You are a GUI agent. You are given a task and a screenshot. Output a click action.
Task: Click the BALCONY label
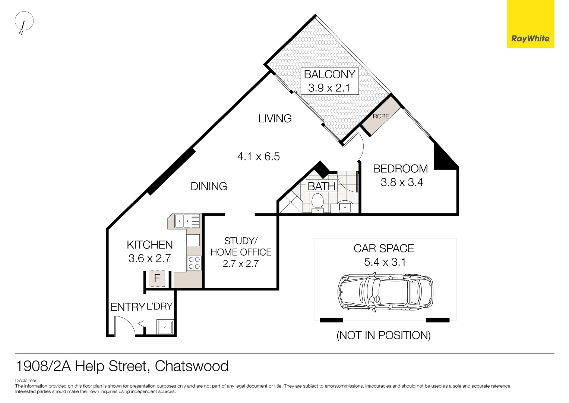pyautogui.click(x=329, y=74)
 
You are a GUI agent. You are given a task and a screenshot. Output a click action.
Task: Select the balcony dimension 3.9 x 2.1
pyautogui.click(x=329, y=88)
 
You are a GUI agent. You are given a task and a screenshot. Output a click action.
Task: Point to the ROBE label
pyautogui.click(x=381, y=116)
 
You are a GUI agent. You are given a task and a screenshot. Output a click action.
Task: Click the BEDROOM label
pyautogui.click(x=400, y=169)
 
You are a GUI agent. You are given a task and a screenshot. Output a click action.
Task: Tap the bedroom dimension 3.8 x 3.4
pyautogui.click(x=402, y=182)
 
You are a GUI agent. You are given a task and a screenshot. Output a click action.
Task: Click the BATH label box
pyautogui.click(x=321, y=186)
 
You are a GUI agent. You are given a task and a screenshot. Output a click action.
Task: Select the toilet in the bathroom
pyautogui.click(x=317, y=202)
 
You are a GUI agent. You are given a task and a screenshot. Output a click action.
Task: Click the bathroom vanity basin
pyautogui.click(x=345, y=207)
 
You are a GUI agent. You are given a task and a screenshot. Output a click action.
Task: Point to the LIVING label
pyautogui.click(x=275, y=119)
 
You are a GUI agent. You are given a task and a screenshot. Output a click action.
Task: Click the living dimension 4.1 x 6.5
pyautogui.click(x=258, y=156)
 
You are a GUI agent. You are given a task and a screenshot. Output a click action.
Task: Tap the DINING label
pyautogui.click(x=209, y=186)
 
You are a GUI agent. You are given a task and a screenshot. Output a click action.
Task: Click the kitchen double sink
pyautogui.click(x=183, y=221)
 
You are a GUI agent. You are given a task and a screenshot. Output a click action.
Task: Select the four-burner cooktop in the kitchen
pyautogui.click(x=194, y=263)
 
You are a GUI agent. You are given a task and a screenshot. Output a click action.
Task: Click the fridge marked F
pyautogui.click(x=157, y=278)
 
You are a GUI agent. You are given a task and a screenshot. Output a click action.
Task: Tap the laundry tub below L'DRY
pyautogui.click(x=165, y=327)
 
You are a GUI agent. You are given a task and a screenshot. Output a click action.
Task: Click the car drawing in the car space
pyautogui.click(x=385, y=292)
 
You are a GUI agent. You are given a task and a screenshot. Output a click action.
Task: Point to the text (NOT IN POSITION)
pyautogui.click(x=383, y=335)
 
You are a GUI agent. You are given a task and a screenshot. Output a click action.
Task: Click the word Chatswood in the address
pyautogui.click(x=192, y=366)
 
